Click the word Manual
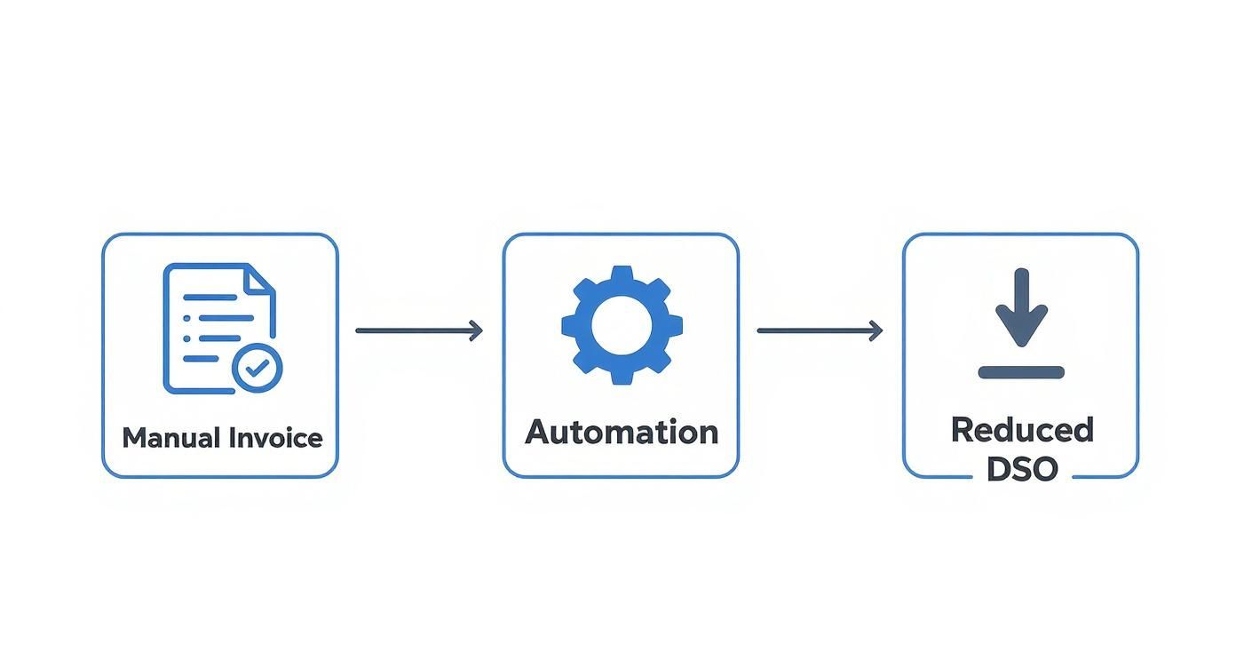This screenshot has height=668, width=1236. pyautogui.click(x=171, y=438)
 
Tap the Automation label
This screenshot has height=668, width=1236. pyautogui.click(x=621, y=432)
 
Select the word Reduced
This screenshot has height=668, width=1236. pyautogui.click(x=1021, y=430)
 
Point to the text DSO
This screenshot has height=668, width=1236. pyautogui.click(x=1021, y=468)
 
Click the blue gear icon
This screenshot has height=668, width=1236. pyautogui.click(x=622, y=324)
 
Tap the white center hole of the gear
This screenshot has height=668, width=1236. pyautogui.click(x=622, y=324)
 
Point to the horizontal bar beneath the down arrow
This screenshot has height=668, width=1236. pyautogui.click(x=1021, y=372)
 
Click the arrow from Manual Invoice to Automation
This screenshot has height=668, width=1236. pyautogui.click(x=418, y=331)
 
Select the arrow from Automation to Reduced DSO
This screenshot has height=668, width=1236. pyautogui.click(x=819, y=331)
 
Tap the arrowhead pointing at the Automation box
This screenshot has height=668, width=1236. pyautogui.click(x=477, y=331)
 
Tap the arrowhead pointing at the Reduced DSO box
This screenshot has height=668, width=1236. pyautogui.click(x=877, y=331)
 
